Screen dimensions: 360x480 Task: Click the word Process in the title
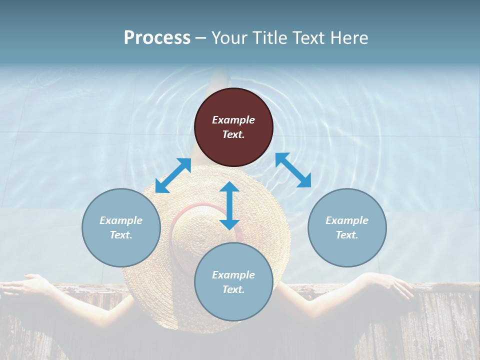157,38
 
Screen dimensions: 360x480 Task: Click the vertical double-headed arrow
229,205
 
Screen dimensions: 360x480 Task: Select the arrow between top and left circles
173,175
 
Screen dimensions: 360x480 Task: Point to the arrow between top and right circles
293,170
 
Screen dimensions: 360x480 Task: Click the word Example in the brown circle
233,120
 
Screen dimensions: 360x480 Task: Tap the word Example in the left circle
121,220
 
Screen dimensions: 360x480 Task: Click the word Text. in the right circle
347,235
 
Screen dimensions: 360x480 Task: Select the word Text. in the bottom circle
233,289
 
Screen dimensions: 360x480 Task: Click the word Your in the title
228,38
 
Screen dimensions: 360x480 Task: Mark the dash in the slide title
200,38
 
